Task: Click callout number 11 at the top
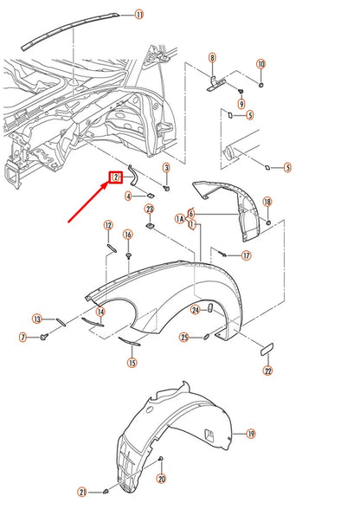click(139, 15)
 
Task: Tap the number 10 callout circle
click(260, 63)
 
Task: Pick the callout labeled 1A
click(180, 220)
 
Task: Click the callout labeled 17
click(247, 255)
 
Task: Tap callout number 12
click(108, 226)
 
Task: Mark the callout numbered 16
click(128, 235)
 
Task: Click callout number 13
click(37, 319)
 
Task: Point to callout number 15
click(132, 364)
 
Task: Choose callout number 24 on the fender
click(196, 309)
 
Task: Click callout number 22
click(267, 371)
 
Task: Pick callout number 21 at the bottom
click(106, 492)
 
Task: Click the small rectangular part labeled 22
click(267, 351)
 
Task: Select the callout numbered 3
click(166, 167)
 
